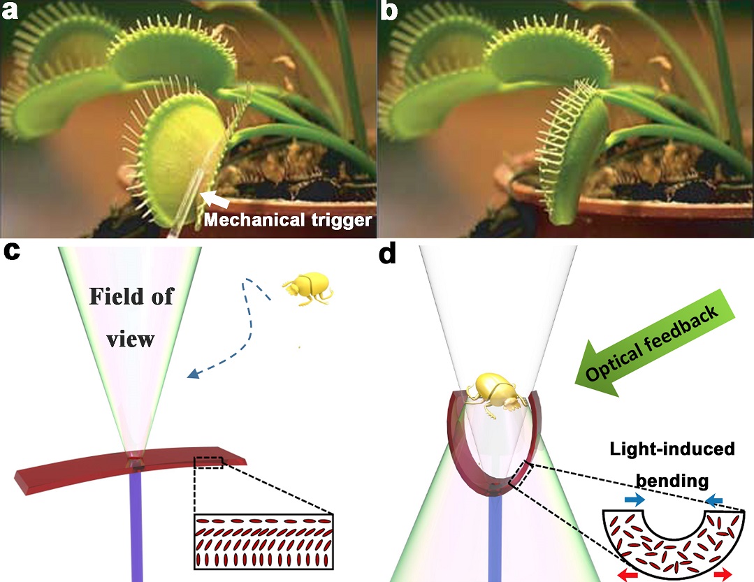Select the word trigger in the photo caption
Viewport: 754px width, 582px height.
click(x=345, y=221)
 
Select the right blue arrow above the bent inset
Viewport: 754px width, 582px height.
click(x=713, y=500)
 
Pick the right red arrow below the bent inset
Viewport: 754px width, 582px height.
click(x=724, y=574)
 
